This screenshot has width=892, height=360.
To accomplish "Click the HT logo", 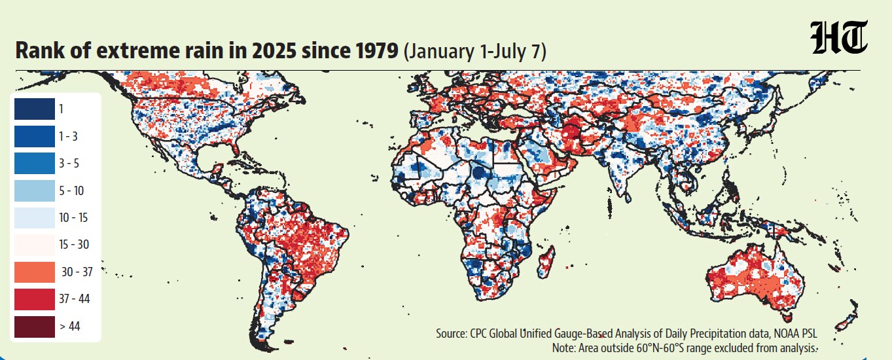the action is (x=838, y=37).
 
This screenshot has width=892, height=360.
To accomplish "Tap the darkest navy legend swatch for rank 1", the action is (x=35, y=109).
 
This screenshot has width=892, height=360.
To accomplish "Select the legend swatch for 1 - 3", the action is (x=35, y=136).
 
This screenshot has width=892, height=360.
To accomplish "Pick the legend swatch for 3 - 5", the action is (x=35, y=163).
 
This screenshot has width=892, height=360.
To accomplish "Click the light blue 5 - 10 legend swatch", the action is (x=35, y=190).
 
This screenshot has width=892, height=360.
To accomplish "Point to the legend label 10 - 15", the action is (x=73, y=217).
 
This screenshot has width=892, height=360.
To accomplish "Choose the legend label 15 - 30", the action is (x=74, y=245).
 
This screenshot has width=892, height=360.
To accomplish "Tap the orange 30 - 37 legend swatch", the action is (x=35, y=272).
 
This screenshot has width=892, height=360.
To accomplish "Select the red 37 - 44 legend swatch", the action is (x=35, y=299).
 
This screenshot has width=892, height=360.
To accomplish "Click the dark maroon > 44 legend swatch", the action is (x=35, y=327).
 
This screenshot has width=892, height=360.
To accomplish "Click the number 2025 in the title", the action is (x=274, y=50).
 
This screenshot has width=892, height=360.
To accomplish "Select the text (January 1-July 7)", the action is (x=475, y=51).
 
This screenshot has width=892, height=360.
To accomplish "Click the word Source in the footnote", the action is (x=451, y=333).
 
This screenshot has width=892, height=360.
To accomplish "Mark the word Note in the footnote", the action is (x=563, y=348).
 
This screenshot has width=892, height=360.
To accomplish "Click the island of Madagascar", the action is (x=546, y=262).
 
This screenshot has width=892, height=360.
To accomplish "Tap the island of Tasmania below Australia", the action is (x=787, y=318).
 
